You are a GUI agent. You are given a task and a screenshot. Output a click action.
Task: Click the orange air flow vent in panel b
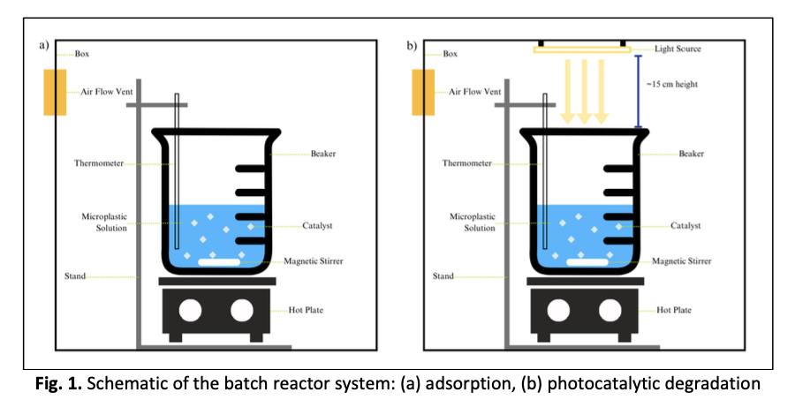423,92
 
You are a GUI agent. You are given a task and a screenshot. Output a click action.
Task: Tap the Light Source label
678,49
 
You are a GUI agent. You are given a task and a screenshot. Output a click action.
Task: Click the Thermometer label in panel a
99,163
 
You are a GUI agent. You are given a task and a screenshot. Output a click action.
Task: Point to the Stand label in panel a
75,276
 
